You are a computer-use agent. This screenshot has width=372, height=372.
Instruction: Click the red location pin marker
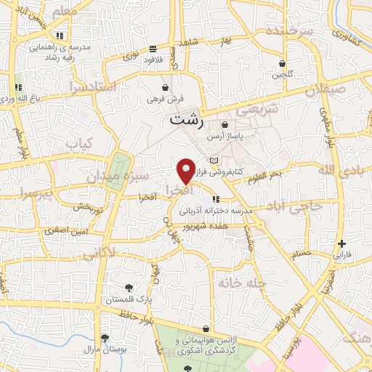pyautogui.click(x=186, y=170)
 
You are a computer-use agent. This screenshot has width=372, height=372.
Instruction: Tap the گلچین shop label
pyautogui.click(x=281, y=74)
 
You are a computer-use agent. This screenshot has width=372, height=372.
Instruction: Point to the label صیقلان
pyautogui.click(x=322, y=92)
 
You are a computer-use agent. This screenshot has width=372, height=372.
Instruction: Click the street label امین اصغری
pyautogui.click(x=66, y=230)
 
